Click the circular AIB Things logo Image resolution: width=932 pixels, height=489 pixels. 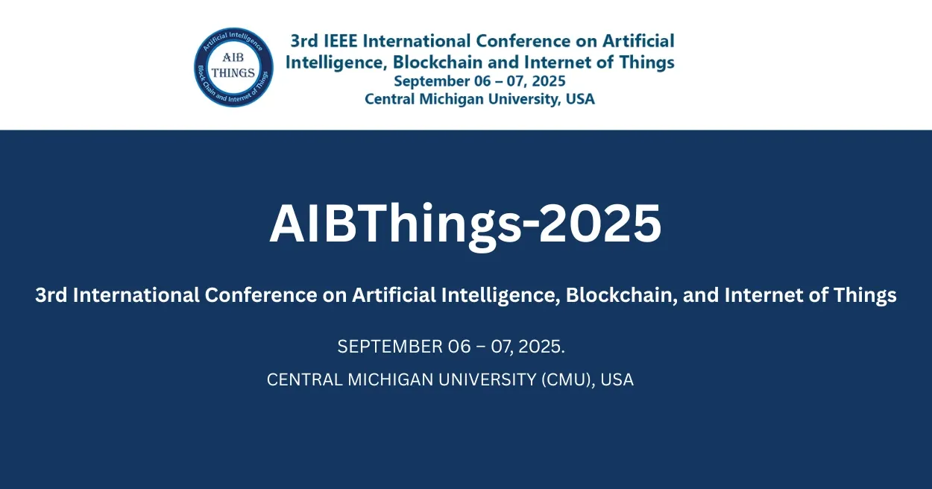click(x=233, y=67)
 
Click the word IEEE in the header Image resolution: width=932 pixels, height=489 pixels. click(x=339, y=41)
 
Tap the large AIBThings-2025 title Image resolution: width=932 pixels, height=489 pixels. click(x=465, y=223)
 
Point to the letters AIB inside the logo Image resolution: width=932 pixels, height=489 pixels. click(x=233, y=59)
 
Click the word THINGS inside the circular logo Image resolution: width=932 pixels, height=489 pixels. click(x=233, y=73)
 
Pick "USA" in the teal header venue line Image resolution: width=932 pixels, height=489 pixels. click(x=579, y=98)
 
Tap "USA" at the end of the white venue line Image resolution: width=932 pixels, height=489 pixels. click(x=617, y=379)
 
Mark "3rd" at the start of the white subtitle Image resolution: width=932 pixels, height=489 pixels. click(x=51, y=295)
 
